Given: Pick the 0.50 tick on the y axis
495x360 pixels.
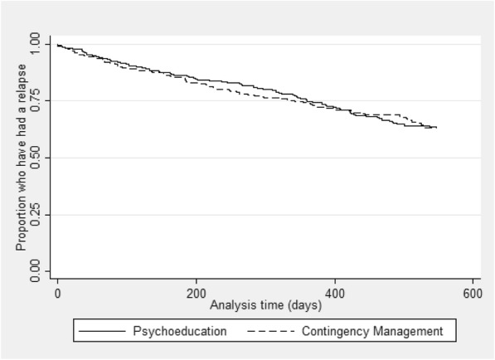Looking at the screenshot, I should coord(35,158).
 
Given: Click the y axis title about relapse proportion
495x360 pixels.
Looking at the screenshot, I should coord(19,158).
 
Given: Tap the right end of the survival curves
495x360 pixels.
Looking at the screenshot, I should coord(436,128).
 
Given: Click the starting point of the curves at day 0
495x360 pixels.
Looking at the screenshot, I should coord(57,45).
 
